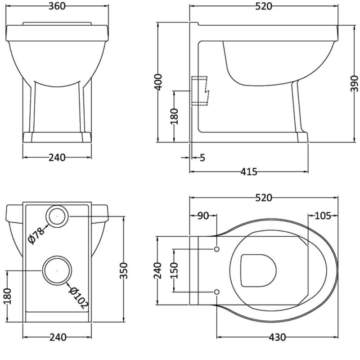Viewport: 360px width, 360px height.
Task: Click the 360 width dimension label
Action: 57,6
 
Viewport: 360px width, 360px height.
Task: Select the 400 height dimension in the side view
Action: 159,82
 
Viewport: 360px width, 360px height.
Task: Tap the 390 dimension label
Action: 354,84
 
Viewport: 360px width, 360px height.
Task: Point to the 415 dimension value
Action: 249,171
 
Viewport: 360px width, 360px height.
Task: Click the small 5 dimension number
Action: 202,157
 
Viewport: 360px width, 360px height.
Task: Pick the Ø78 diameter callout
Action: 36,235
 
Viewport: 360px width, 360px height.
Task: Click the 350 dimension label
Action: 124,271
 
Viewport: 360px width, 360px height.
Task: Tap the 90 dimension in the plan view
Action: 203,216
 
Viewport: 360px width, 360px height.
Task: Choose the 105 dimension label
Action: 322,216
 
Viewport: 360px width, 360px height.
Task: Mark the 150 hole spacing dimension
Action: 174,270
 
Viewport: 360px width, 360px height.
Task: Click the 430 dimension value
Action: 277,337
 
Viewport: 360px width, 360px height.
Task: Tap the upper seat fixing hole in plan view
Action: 216,249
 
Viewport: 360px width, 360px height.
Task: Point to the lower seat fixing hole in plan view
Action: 216,292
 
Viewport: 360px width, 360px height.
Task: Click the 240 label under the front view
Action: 57,157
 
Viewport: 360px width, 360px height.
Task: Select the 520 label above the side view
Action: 264,6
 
